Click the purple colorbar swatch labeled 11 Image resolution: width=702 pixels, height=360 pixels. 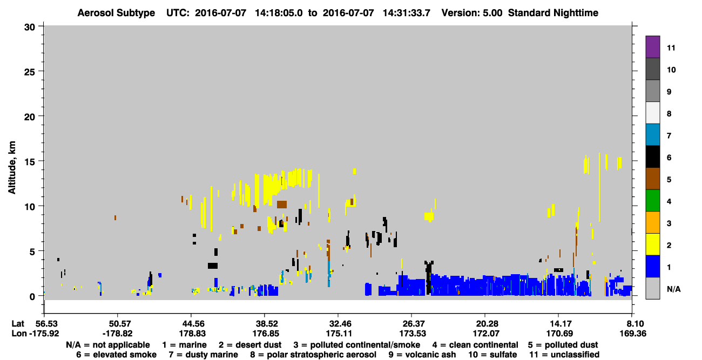pyautogui.click(x=652, y=46)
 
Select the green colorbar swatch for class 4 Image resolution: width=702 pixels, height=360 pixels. pyautogui.click(x=652, y=201)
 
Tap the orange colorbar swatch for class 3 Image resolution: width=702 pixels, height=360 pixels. pyautogui.click(x=652, y=222)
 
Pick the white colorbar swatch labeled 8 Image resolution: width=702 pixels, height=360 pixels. pyautogui.click(x=652, y=112)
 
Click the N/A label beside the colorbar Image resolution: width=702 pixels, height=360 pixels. pyautogui.click(x=673, y=289)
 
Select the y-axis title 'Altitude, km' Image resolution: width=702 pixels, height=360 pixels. pyautogui.click(x=12, y=167)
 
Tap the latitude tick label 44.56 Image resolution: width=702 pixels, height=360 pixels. pyautogui.click(x=192, y=323)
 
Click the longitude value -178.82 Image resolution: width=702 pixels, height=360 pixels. pyautogui.click(x=118, y=334)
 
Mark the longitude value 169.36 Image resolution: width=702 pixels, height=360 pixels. pyautogui.click(x=633, y=334)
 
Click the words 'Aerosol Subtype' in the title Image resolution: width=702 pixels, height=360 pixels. pyautogui.click(x=116, y=13)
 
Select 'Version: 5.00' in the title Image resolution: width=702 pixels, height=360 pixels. pyautogui.click(x=472, y=13)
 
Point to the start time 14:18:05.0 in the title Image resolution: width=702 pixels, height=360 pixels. pyautogui.click(x=279, y=13)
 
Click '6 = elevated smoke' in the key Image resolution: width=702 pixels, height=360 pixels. pyautogui.click(x=116, y=355)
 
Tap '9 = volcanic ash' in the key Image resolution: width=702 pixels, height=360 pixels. pyautogui.click(x=422, y=355)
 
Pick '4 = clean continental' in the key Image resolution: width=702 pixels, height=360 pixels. pyautogui.click(x=475, y=345)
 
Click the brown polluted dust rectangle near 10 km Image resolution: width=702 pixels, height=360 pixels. pyautogui.click(x=282, y=205)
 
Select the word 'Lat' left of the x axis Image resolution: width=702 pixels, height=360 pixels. pyautogui.click(x=18, y=323)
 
